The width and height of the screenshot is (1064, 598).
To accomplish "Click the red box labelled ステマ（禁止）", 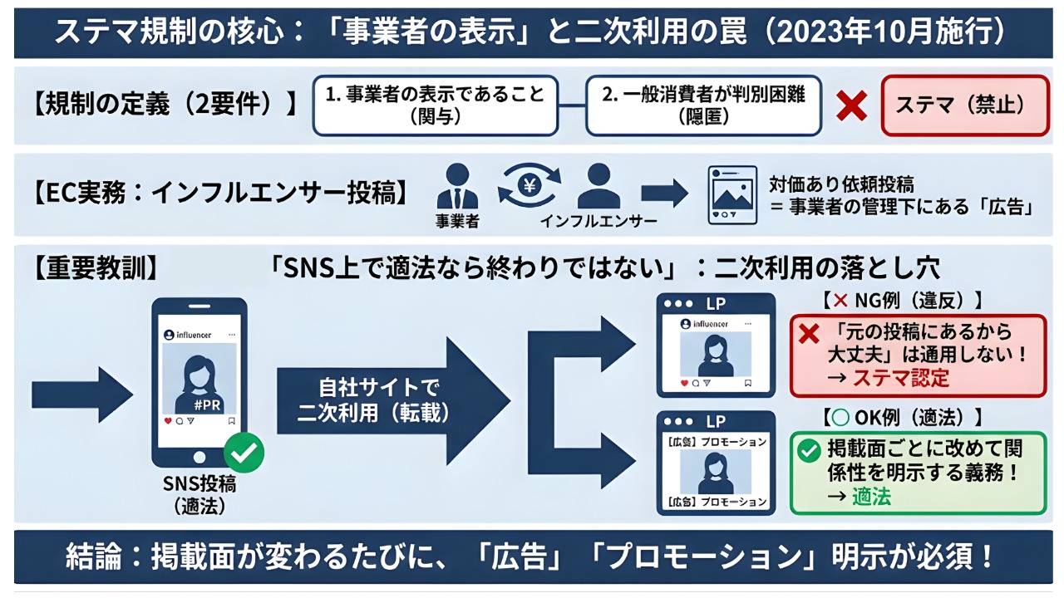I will click(x=963, y=105).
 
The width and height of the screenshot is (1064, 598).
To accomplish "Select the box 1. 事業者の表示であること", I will click(x=435, y=105).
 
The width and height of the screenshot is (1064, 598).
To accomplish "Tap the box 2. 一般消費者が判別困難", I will click(x=702, y=105).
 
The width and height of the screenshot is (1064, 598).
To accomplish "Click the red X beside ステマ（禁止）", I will click(x=850, y=105).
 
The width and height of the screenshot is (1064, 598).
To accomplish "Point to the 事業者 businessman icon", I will click(x=457, y=188).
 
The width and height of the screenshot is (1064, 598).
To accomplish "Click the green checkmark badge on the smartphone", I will click(x=244, y=453).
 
